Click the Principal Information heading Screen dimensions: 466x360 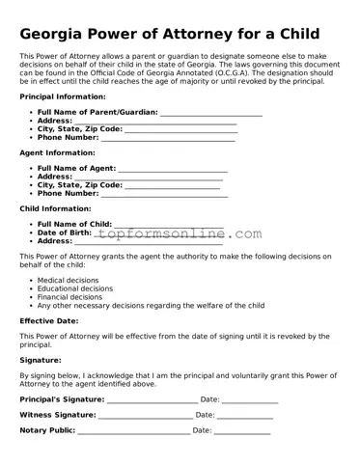coord(63,96)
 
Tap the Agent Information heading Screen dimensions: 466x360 coord(57,152)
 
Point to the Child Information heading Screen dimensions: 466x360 coord(56,208)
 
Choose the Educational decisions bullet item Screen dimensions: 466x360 coord(74,288)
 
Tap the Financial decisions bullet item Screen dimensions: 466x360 coord(69,297)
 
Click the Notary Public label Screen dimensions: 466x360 coord(47,430)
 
